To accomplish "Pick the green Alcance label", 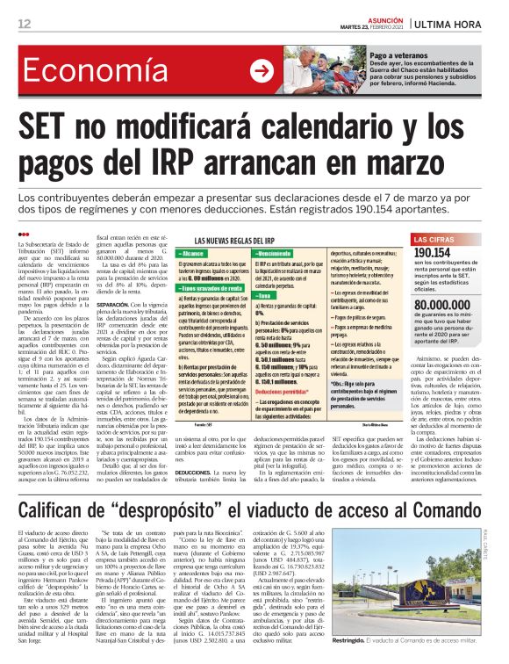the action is (197, 253).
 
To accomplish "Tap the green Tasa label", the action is (265, 321).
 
